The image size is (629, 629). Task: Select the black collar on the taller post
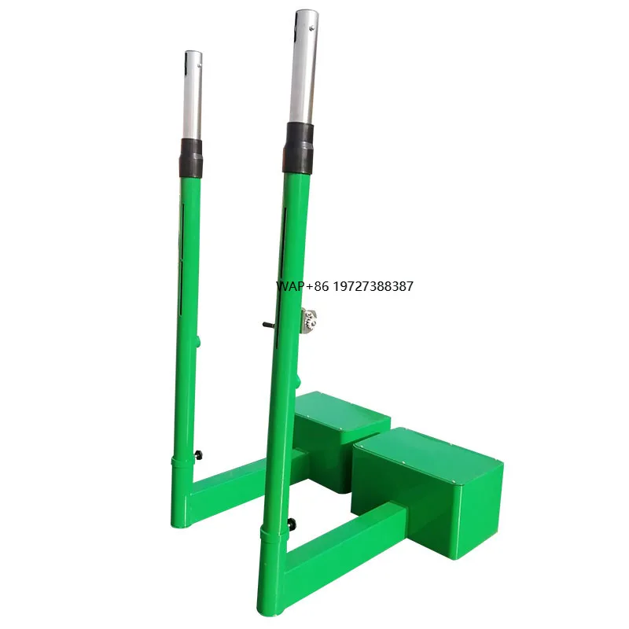coord(300,149)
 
